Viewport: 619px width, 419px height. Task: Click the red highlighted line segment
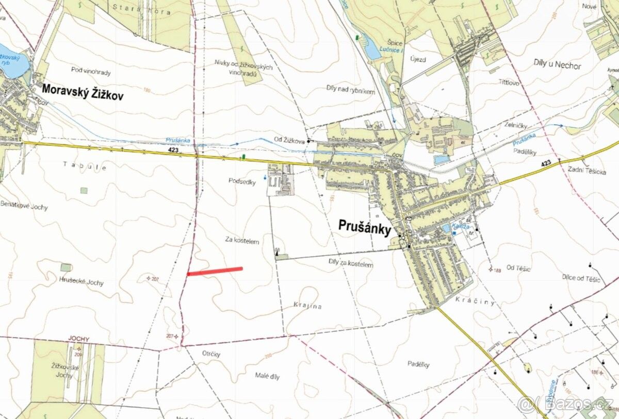(x=215, y=271)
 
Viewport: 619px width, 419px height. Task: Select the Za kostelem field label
(x=242, y=240)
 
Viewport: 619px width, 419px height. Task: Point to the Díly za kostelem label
(x=350, y=264)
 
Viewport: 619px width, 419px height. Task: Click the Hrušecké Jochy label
(x=81, y=282)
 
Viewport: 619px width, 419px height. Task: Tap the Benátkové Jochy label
(x=24, y=207)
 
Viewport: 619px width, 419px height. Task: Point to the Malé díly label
(x=267, y=376)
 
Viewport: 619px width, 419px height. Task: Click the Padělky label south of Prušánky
(x=418, y=364)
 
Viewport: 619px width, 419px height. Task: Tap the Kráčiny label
(x=475, y=301)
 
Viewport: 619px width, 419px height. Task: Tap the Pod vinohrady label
(x=91, y=73)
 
